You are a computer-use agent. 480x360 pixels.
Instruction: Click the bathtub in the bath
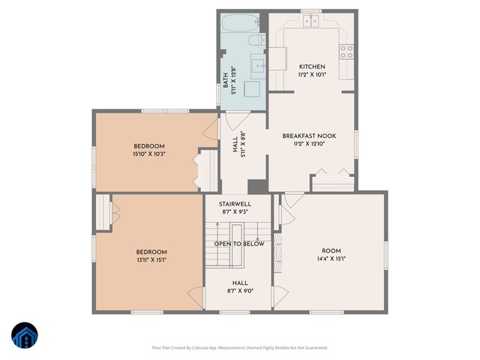241,22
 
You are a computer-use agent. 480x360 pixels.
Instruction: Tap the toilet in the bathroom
256,41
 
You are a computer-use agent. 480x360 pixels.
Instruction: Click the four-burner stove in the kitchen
347,51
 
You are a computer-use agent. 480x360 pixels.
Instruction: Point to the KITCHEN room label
311,67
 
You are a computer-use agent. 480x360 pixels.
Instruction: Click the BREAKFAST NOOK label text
309,136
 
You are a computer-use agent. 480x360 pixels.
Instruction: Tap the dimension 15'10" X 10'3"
148,154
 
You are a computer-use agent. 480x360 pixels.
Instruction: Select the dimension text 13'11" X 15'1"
151,259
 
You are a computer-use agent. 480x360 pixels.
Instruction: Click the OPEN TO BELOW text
239,244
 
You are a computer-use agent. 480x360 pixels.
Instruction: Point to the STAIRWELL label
235,204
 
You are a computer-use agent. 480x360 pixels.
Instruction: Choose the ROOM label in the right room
331,250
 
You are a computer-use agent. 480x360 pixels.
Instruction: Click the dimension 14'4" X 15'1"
331,259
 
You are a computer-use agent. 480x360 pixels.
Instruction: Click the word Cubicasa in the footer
203,347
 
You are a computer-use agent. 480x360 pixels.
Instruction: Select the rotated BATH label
226,79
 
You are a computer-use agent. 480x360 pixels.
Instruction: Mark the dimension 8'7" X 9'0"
239,291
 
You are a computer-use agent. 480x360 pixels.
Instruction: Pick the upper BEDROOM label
148,145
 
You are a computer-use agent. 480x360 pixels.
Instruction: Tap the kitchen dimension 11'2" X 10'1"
311,75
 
